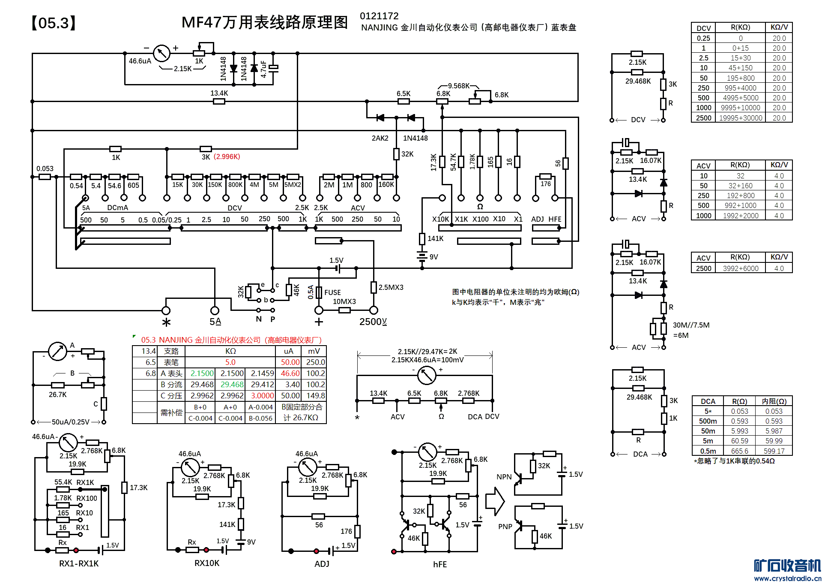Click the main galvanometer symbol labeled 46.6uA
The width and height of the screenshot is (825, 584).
[161, 53]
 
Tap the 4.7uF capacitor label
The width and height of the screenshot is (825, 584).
[264, 69]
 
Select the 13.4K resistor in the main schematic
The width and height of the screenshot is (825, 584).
[219, 101]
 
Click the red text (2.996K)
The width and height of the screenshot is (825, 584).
[227, 157]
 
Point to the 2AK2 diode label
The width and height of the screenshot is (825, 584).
[380, 138]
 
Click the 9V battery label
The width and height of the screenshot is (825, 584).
[433, 257]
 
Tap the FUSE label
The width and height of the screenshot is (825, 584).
[332, 292]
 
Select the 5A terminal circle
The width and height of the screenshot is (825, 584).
[215, 310]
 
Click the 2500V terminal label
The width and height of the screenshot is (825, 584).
[373, 322]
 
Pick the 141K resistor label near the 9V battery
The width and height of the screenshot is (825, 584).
[435, 238]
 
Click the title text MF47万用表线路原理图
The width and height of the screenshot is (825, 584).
[264, 22]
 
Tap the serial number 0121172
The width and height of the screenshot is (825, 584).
[379, 16]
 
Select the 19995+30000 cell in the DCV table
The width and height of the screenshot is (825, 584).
[740, 118]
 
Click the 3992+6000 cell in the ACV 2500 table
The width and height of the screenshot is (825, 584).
[740, 268]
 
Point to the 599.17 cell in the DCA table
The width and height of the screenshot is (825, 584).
[774, 451]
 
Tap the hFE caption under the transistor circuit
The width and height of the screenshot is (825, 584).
[439, 564]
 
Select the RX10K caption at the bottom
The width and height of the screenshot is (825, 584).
[207, 563]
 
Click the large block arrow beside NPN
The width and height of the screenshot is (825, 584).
[495, 501]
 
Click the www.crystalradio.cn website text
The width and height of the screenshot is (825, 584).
[787, 578]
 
